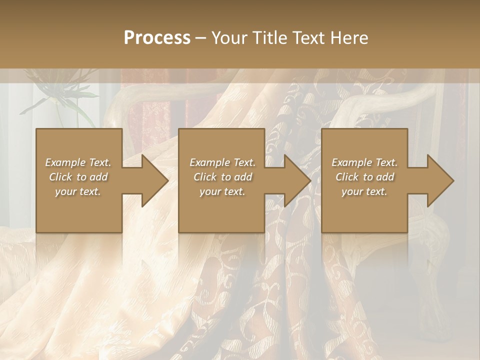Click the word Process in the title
157,38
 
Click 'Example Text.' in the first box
78,162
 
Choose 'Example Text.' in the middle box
222,162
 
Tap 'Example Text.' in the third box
364,162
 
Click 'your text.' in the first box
78,191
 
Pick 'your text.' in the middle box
222,191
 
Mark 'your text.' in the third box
364,191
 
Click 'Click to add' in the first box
78,177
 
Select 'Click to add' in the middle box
222,177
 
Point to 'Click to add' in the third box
364,177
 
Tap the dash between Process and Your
200,38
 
